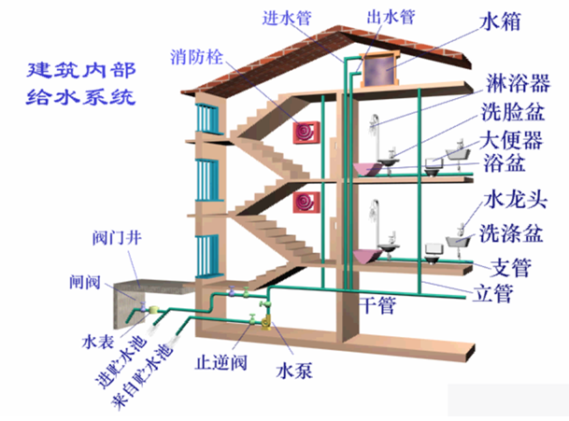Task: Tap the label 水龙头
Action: (510, 200)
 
